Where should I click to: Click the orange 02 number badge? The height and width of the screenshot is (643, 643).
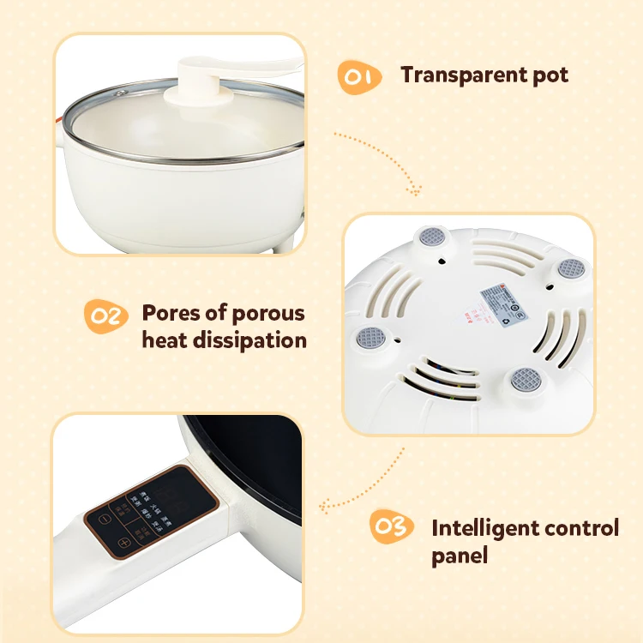tap(106, 316)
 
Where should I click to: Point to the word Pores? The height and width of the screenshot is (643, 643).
tap(171, 313)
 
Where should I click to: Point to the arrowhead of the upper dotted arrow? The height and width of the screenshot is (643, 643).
tap(418, 190)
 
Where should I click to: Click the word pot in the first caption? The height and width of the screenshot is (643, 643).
tap(549, 75)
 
